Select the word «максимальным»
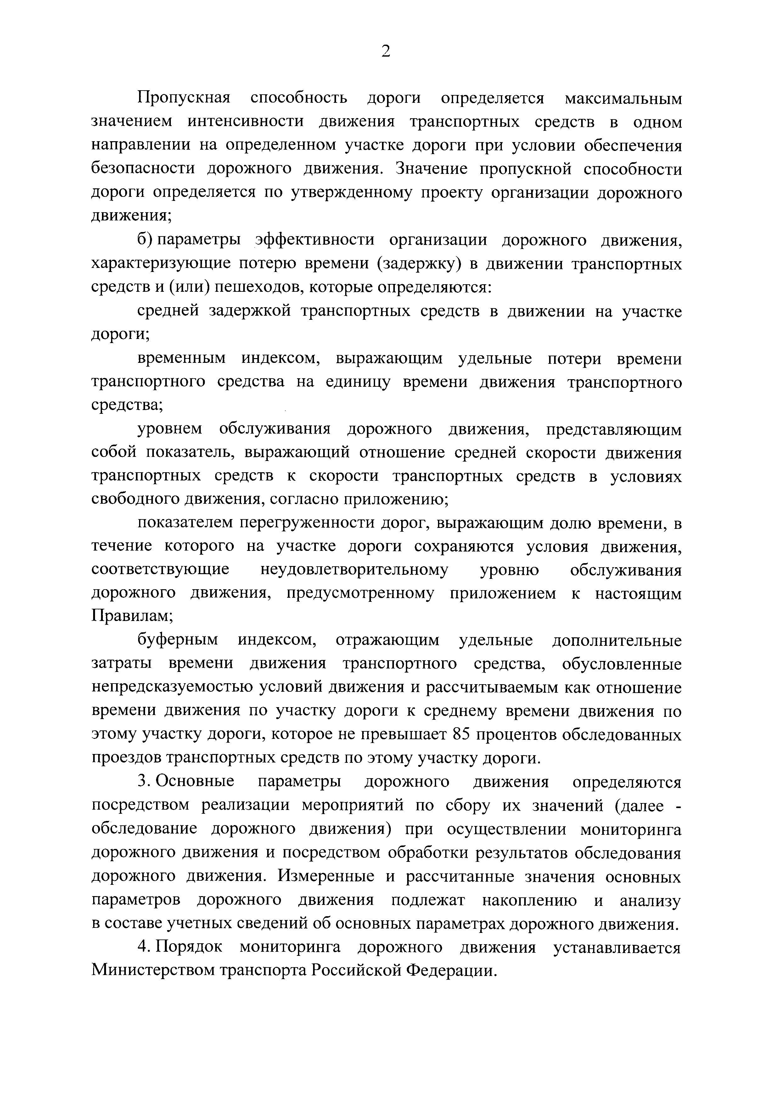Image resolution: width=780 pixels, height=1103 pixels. [x=623, y=98]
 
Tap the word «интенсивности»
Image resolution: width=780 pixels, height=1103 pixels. [x=246, y=122]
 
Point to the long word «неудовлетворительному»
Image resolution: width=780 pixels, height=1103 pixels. [x=354, y=570]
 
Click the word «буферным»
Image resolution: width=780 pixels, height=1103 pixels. [x=178, y=641]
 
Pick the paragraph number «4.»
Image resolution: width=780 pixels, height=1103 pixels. [x=145, y=947]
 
